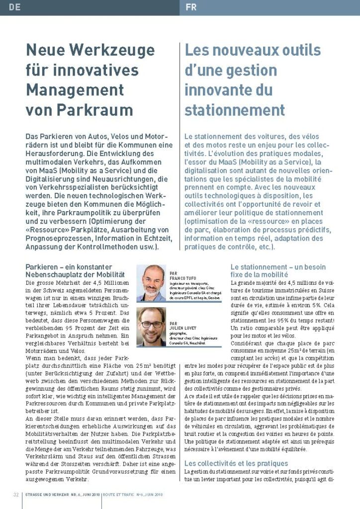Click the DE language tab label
pos(14,7)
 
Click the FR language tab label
pos(191,7)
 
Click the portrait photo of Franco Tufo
pos(151,282)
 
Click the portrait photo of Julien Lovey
pos(151,326)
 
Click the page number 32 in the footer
pos(16,495)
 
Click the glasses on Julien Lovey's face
pos(151,324)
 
